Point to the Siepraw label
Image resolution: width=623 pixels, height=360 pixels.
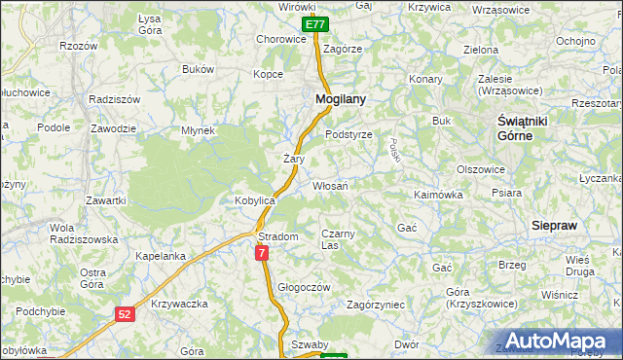[555, 225]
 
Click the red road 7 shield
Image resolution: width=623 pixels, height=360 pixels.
[262, 253]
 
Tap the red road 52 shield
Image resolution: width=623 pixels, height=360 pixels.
[124, 313]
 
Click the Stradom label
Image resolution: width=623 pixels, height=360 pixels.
[277, 236]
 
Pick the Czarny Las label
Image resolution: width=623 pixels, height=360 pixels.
[341, 239]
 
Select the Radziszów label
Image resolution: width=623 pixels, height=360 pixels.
[114, 100]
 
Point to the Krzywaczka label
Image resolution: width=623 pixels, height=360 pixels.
[180, 305]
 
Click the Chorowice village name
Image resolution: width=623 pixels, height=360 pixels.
[280, 40]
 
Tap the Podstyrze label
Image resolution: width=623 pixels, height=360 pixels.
[348, 135]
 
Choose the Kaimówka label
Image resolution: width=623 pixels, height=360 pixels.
[438, 195]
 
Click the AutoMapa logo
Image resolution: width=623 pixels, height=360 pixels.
[559, 341]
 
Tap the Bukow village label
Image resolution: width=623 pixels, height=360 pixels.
[198, 70]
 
